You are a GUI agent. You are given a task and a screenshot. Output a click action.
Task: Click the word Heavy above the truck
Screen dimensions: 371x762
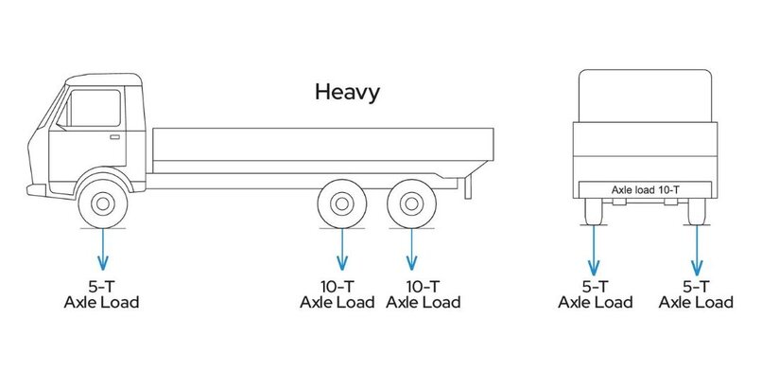tap(347, 92)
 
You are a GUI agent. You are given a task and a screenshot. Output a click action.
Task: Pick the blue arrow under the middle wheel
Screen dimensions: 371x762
tap(342, 251)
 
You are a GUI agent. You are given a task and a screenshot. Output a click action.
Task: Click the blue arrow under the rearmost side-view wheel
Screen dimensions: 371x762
tap(409, 251)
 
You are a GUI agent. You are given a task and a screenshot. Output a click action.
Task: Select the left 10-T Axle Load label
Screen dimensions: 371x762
tap(338, 294)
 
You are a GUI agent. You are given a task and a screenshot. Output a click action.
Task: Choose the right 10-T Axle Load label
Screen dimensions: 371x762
tap(424, 294)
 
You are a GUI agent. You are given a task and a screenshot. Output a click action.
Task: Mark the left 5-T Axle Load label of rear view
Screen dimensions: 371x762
tap(595, 294)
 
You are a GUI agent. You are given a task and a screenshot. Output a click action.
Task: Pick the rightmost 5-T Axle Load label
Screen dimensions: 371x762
tap(696, 294)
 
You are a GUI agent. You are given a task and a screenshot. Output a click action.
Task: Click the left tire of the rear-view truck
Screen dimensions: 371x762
tap(594, 212)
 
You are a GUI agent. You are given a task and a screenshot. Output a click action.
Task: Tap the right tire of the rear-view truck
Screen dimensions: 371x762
tap(698, 212)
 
